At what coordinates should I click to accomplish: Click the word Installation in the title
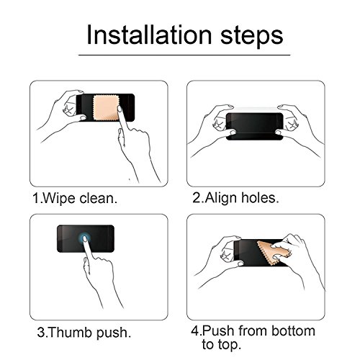pos(149,35)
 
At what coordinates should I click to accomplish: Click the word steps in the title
pos(252,37)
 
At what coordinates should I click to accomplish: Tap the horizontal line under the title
pos(184,55)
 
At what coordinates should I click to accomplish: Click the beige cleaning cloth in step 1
pos(107,107)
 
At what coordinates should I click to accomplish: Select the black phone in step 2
pos(255,126)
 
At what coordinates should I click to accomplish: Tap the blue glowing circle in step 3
pos(84,238)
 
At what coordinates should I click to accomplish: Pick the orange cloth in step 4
pos(272,253)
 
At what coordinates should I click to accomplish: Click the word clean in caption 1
pos(97,199)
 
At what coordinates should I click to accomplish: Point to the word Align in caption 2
pos(221,199)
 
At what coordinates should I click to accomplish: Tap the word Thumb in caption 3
pos(71,332)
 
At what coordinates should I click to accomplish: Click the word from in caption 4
pos(253,330)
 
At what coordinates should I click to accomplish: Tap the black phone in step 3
pos(86,238)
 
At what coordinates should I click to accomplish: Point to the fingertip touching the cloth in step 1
pos(120,109)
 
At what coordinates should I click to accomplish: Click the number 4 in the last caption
pos(194,330)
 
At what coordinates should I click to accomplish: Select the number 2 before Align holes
pos(197,198)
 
